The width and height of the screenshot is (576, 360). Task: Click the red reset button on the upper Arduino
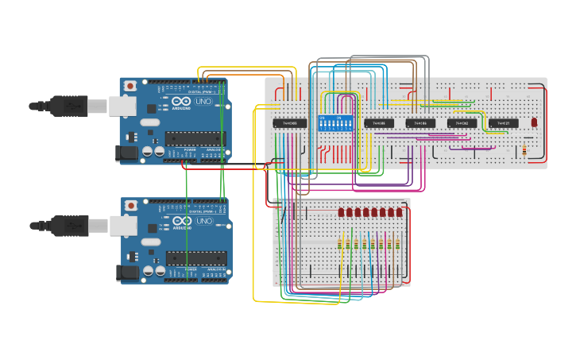[x=130, y=85]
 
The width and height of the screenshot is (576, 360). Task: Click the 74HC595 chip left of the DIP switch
[x=290, y=123]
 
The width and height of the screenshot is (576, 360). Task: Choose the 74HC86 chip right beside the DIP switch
[x=379, y=123]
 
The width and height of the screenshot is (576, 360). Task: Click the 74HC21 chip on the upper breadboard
[x=503, y=123]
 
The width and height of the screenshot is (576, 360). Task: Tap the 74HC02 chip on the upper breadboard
[x=462, y=123]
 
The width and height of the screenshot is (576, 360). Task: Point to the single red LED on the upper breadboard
[x=534, y=122]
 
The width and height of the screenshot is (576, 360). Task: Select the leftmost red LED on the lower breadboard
[x=341, y=213]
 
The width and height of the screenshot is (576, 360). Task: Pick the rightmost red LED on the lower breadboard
[x=400, y=213]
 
